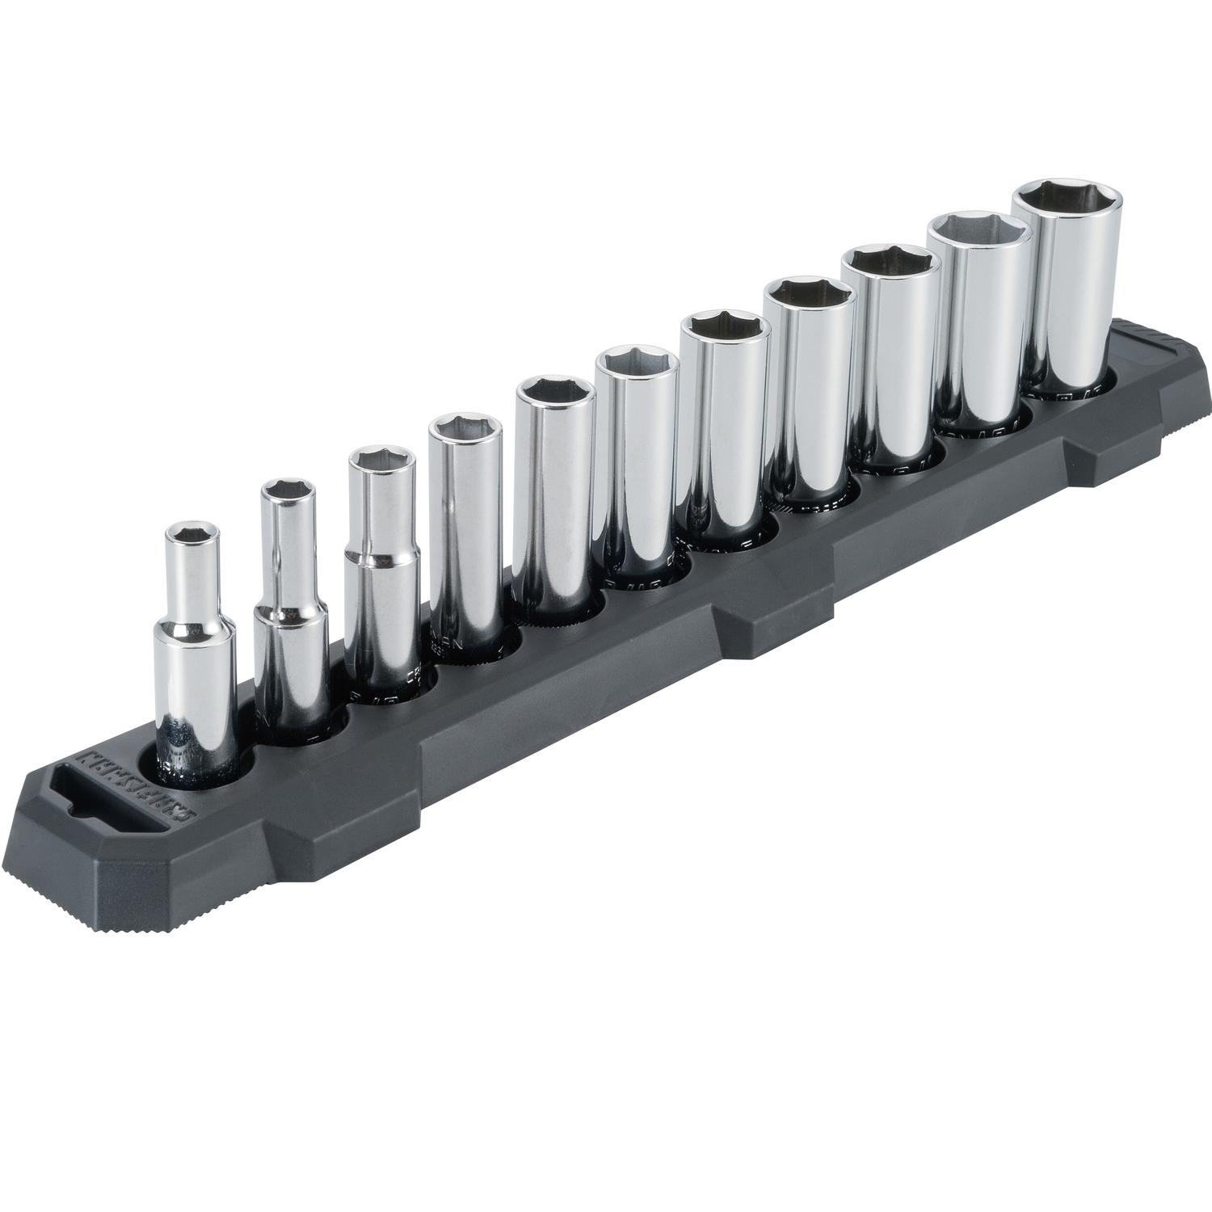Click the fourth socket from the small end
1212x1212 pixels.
coord(465,517)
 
